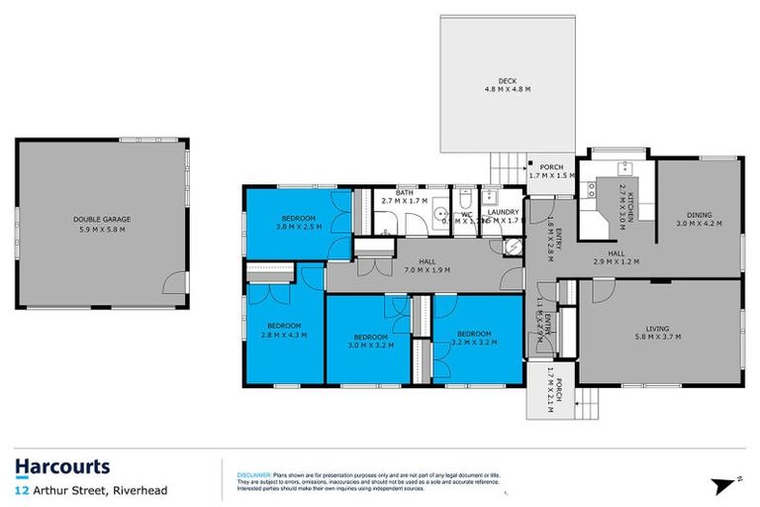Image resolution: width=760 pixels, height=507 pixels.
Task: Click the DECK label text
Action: tap(507, 81)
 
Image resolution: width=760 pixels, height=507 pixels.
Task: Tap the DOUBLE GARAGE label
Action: tap(101, 219)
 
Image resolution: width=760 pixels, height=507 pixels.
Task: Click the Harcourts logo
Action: tap(62, 466)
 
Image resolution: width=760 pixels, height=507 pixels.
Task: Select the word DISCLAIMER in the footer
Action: tap(253, 475)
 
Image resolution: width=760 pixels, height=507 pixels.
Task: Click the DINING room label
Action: tap(700, 215)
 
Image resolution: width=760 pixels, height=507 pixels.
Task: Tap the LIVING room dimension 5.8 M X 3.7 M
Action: tap(657, 338)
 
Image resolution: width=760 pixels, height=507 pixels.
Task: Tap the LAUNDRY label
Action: tap(502, 211)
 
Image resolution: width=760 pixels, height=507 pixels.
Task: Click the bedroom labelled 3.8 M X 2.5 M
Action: tap(298, 227)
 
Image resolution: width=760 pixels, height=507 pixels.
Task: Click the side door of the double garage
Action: tap(176, 286)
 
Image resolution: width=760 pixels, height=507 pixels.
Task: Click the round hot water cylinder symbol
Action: tap(509, 248)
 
